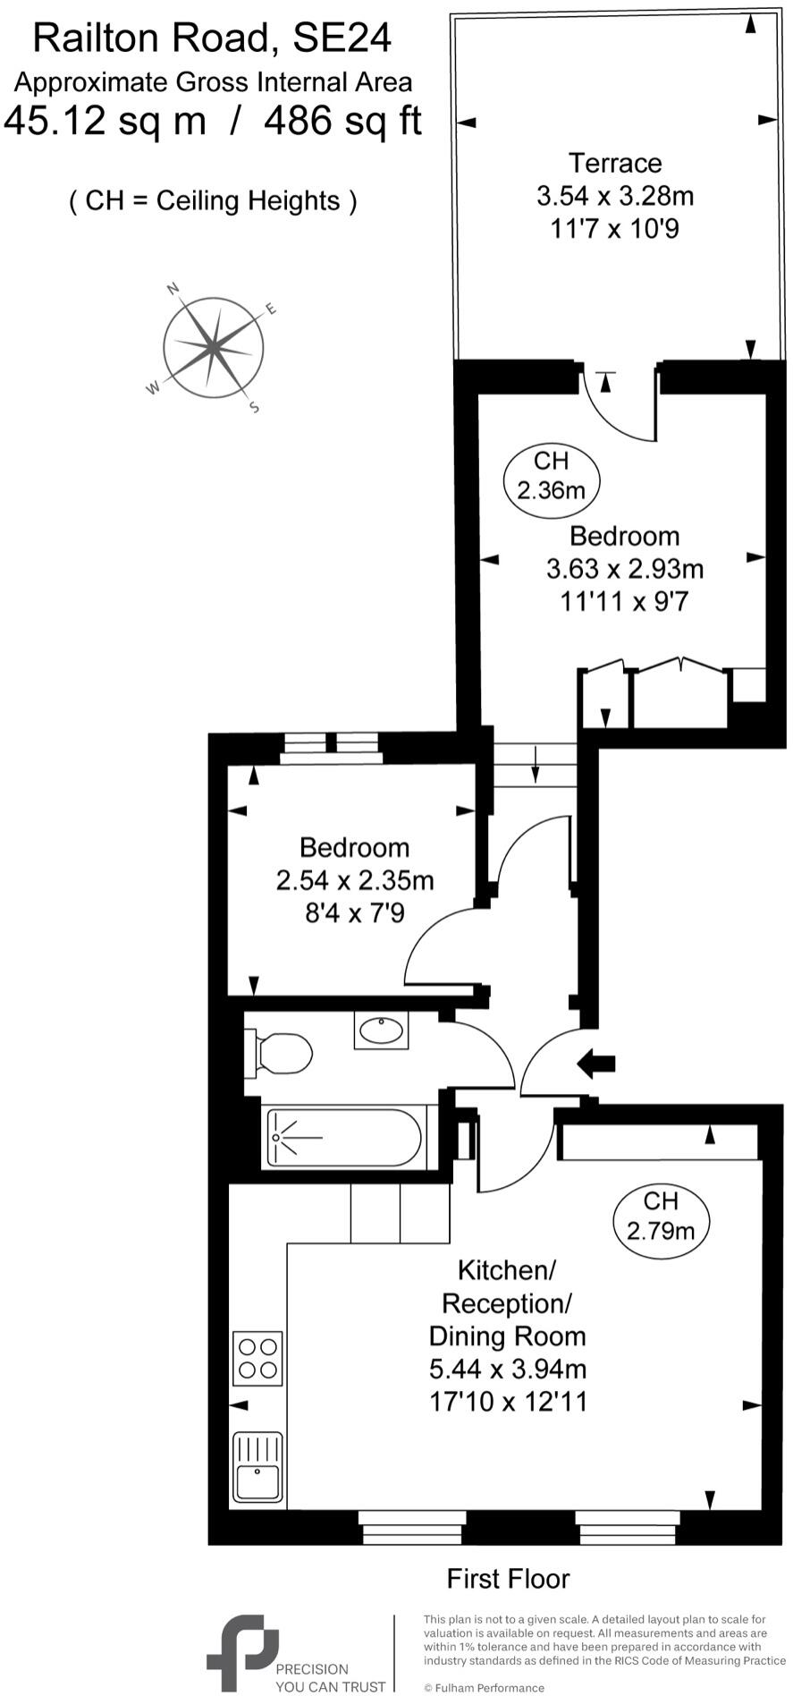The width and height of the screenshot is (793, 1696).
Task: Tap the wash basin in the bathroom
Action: (x=382, y=1030)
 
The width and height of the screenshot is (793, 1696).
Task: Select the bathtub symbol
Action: (x=343, y=1137)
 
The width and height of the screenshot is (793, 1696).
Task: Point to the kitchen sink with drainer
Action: (x=257, y=1466)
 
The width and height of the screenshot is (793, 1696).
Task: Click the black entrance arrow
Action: (x=596, y=1063)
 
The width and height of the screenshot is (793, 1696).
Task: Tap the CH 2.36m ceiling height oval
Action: (x=551, y=475)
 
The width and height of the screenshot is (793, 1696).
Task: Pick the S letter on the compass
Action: (x=254, y=407)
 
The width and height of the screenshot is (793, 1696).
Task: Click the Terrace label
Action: (x=615, y=164)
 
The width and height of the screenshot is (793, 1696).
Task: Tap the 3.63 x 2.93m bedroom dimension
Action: (x=624, y=568)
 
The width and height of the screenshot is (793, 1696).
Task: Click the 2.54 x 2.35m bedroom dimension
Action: (x=354, y=880)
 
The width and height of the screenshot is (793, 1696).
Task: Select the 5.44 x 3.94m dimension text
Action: (x=507, y=1369)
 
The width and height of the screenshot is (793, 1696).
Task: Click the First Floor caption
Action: (x=508, y=1579)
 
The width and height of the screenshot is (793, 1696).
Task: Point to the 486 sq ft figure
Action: (x=342, y=121)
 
